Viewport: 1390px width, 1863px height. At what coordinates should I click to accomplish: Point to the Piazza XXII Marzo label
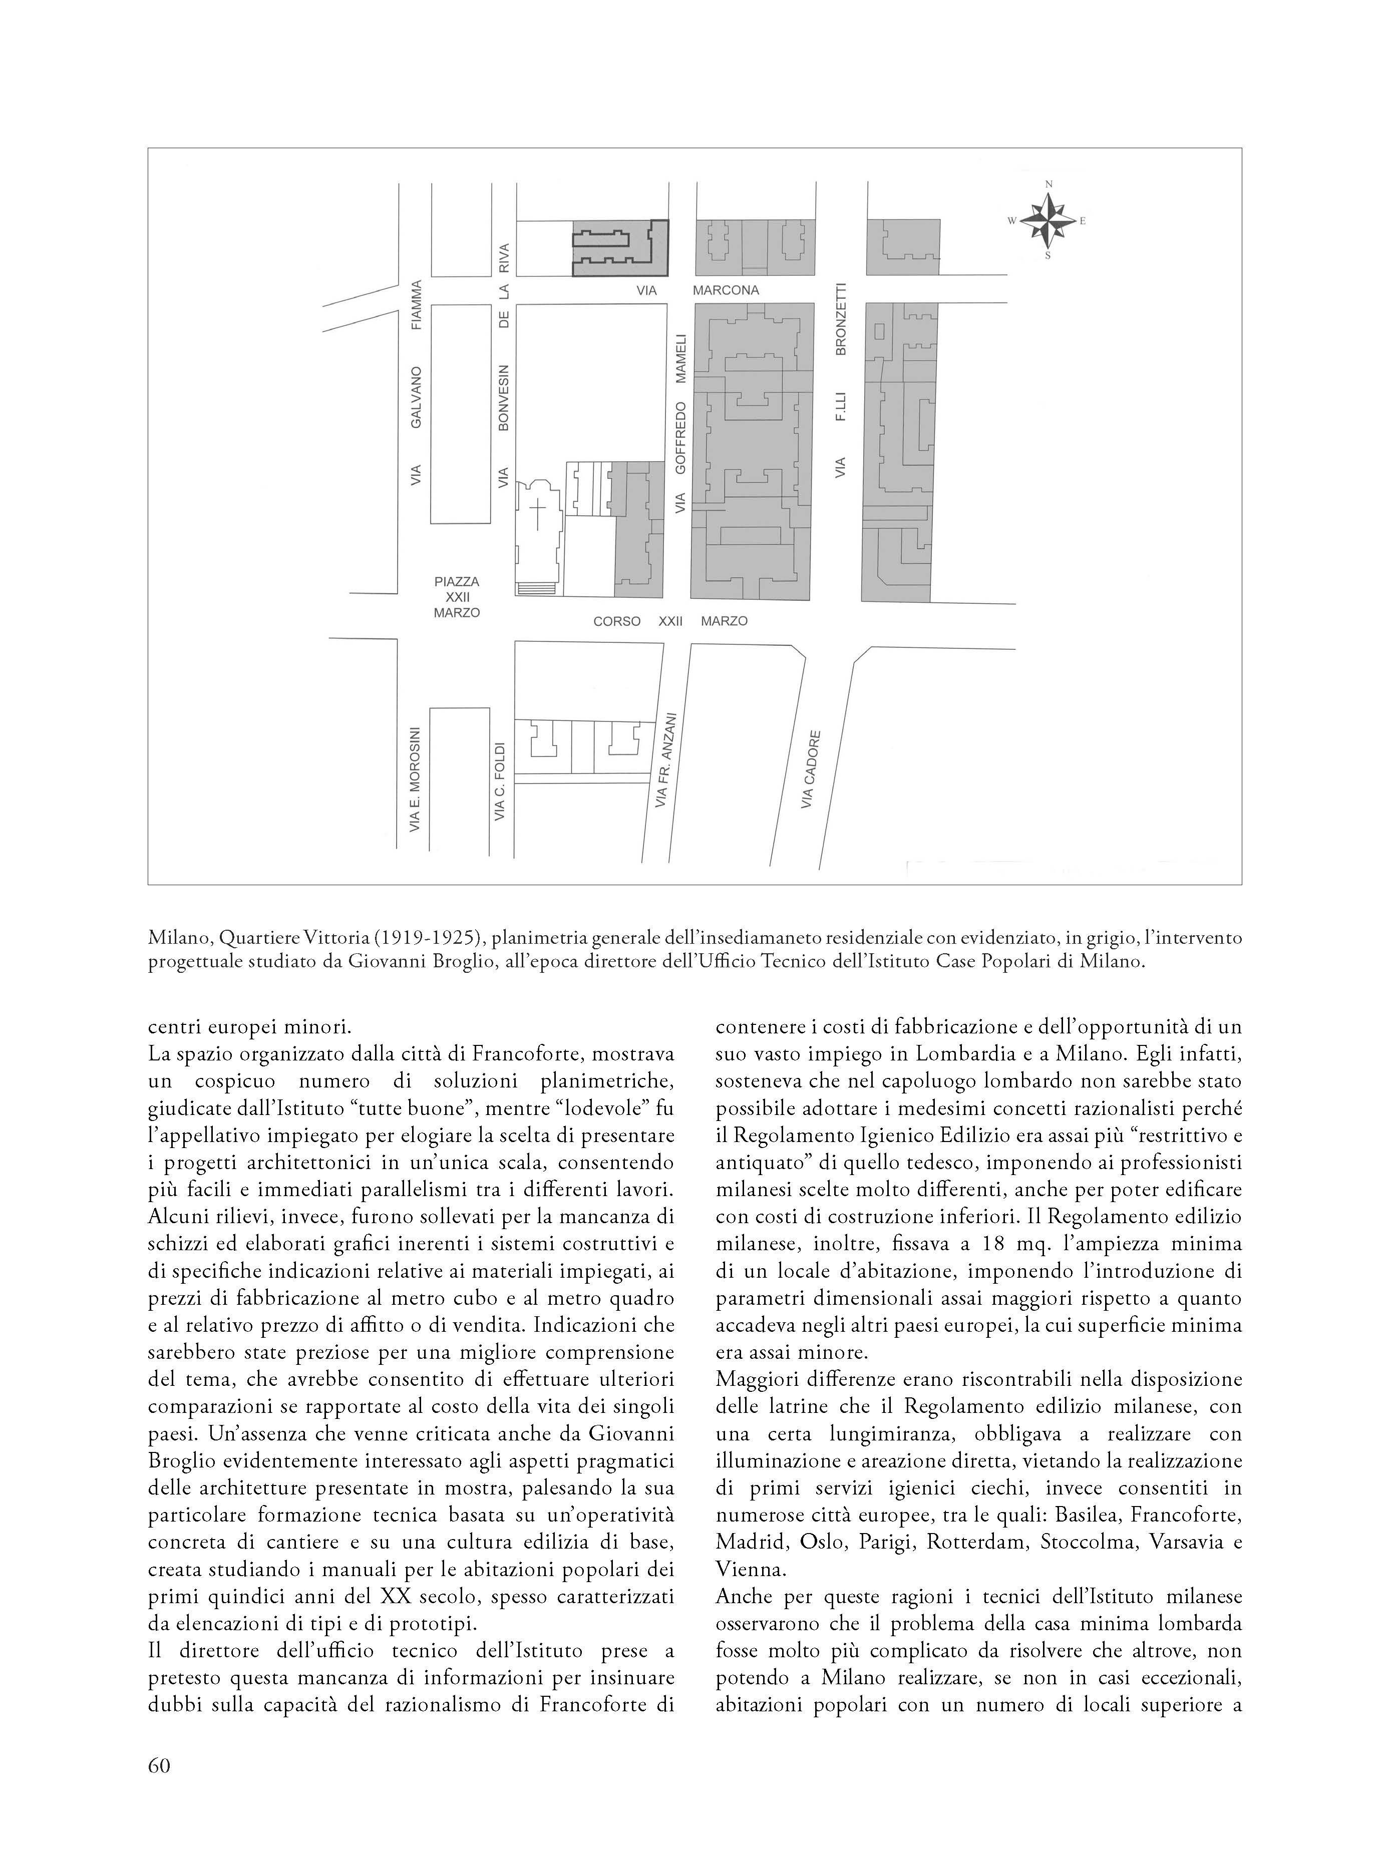pos(457,597)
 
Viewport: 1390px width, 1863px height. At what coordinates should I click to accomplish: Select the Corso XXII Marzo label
pos(670,621)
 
